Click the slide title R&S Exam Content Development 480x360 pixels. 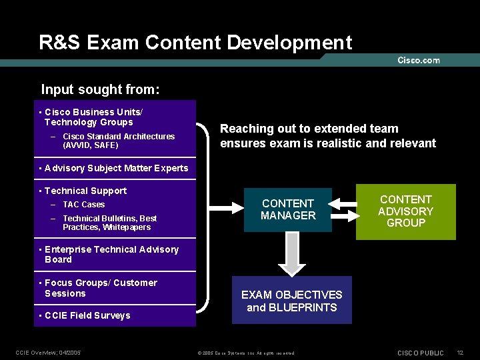pos(195,43)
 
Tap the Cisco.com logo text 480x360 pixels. pos(419,61)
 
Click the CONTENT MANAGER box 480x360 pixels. pos(288,209)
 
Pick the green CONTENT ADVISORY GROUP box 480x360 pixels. pos(405,211)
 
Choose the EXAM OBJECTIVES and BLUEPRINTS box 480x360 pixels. pos(291,301)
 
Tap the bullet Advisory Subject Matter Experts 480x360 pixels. pos(116,168)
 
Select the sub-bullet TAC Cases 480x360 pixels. pos(83,205)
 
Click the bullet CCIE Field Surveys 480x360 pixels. pos(87,315)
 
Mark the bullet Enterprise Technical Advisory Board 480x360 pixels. pos(111,255)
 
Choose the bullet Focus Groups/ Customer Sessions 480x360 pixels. pos(100,288)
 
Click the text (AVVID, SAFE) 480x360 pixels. pos(90,145)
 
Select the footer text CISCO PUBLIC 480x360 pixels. pos(420,352)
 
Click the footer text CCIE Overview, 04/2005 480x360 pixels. pos(48,352)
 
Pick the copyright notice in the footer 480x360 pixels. pos(246,353)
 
